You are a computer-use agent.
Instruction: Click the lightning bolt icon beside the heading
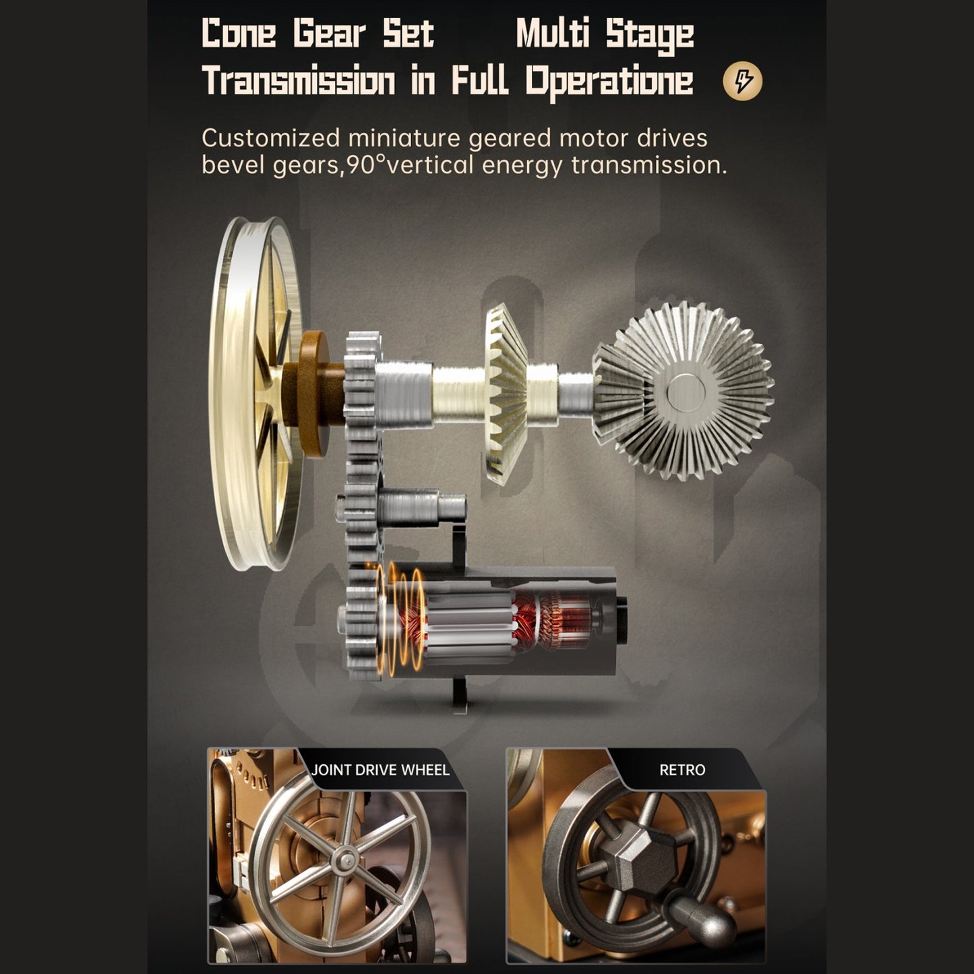coord(742,81)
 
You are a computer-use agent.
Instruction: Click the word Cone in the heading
coord(239,34)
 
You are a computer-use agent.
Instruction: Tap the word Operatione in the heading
coord(609,82)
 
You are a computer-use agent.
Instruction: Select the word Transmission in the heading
coord(298,80)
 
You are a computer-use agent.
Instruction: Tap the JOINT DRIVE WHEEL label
coord(380,770)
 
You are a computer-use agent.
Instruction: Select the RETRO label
coord(682,770)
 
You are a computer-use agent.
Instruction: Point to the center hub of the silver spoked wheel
coord(347,859)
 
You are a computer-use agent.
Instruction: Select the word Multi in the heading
coord(553,34)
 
